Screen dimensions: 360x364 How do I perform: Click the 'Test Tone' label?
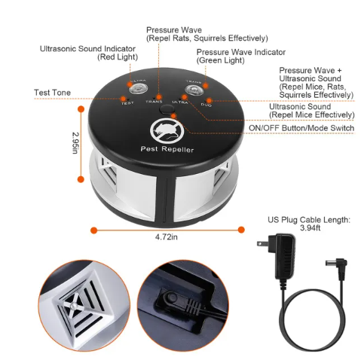[53, 93]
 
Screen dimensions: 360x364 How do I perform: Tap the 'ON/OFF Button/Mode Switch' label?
[301, 127]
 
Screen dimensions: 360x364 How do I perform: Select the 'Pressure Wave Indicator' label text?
[240, 52]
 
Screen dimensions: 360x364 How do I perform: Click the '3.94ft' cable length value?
[308, 228]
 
